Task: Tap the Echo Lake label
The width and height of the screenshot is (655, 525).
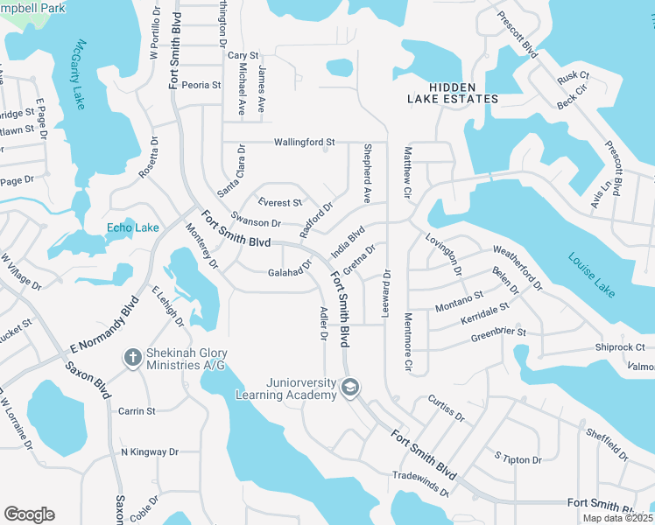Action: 132,228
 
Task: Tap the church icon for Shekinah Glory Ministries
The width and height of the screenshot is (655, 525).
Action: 132,357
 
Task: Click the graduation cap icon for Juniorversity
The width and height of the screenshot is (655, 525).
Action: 350,387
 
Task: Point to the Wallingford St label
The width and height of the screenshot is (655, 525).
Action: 305,142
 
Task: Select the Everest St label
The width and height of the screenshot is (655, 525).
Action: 279,203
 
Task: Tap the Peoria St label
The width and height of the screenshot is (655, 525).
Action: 202,85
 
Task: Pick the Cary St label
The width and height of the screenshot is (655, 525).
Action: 243,55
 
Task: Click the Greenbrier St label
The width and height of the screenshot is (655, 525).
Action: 498,332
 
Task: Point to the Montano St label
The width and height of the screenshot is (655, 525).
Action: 460,302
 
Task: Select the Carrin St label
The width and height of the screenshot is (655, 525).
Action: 137,410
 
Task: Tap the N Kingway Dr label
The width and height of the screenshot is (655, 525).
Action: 149,452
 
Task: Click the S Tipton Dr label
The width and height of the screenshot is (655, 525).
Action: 518,458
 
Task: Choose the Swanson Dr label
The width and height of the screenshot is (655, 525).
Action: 256,223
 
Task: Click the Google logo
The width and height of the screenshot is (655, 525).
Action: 29,514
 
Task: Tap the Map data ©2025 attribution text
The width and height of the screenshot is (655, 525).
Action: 617,518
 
